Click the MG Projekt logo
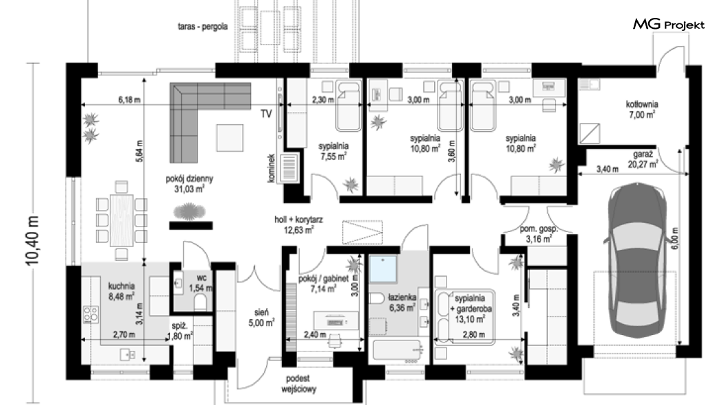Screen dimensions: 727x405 coord(669,24)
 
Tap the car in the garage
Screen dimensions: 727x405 coord(638,259)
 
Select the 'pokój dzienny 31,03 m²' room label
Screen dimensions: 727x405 coord(189,184)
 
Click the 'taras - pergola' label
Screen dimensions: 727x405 coord(202,27)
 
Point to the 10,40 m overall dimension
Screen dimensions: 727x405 coord(32,240)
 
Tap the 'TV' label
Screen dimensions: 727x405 coord(266,114)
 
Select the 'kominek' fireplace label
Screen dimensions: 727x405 coord(272,168)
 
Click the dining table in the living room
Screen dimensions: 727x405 coord(122,220)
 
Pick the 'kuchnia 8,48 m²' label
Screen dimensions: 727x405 coord(121,291)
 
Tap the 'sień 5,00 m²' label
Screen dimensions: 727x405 coord(261,318)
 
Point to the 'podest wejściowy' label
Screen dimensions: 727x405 coord(298,384)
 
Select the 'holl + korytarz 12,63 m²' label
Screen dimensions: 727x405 coord(298,224)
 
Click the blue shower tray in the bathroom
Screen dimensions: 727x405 coord(383,269)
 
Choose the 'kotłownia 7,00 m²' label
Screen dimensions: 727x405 coord(642,109)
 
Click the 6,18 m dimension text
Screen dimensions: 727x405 coord(129,100)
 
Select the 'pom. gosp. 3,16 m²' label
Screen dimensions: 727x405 coord(538,234)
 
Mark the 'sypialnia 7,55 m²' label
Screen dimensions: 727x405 coord(333,151)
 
